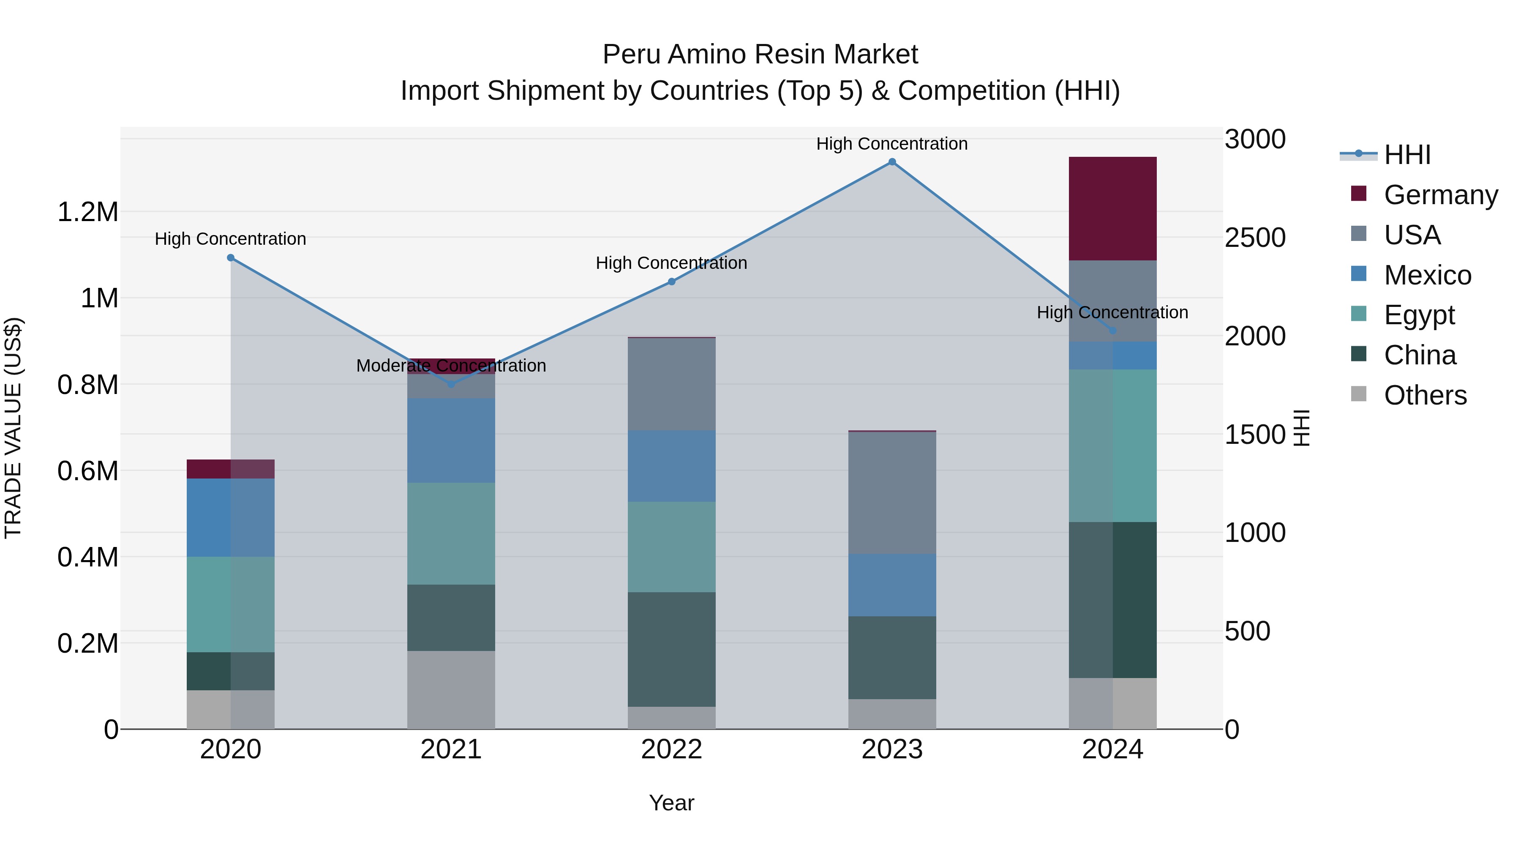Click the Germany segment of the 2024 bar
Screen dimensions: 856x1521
point(1112,208)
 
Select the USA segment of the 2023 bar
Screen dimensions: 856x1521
point(891,493)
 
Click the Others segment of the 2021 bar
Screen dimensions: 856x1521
point(451,689)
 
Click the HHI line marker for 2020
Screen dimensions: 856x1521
point(231,257)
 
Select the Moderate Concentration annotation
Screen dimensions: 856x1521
point(451,366)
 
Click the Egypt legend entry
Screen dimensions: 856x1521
point(1419,315)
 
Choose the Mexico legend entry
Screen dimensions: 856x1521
point(1427,275)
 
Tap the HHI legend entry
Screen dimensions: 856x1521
point(1407,155)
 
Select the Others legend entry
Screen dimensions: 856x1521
point(1425,395)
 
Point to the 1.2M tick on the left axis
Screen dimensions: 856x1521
point(88,211)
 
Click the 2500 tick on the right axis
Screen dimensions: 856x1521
point(1255,238)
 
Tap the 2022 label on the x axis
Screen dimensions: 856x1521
point(671,749)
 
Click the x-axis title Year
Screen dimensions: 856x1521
point(671,803)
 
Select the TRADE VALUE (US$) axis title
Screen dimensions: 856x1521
point(13,428)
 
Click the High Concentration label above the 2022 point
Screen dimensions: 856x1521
point(671,263)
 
